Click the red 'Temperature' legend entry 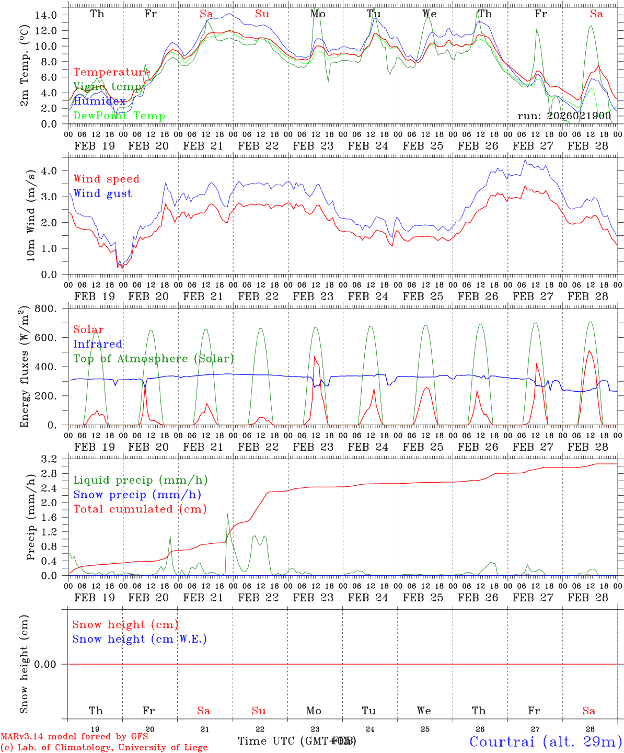(x=112, y=72)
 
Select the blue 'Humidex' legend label (x=99, y=101)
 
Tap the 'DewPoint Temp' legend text (x=119, y=116)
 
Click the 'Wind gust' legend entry (x=102, y=193)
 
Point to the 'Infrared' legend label (x=98, y=344)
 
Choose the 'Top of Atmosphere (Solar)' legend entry (x=154, y=359)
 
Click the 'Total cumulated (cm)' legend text (x=140, y=509)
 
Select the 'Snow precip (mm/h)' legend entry (x=137, y=495)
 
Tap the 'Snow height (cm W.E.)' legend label (x=140, y=639)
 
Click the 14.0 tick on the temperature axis (x=46, y=15)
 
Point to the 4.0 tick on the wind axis (x=50, y=171)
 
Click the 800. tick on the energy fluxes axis (x=46, y=309)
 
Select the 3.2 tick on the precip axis (x=50, y=460)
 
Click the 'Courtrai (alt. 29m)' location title (x=546, y=741)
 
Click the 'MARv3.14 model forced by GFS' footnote (x=74, y=736)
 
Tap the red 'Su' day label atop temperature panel (x=262, y=14)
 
